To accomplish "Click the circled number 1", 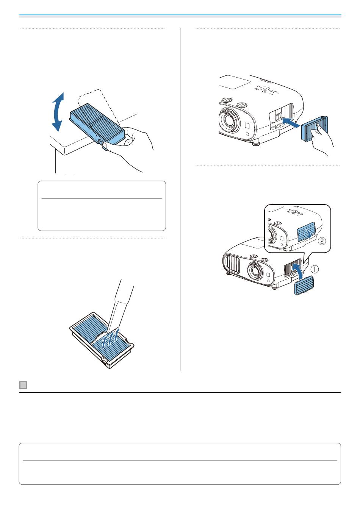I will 315,270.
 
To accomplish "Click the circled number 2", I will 321,240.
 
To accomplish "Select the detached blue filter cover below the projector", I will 305,289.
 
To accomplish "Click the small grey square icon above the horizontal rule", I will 23,385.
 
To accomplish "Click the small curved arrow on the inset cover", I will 310,234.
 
